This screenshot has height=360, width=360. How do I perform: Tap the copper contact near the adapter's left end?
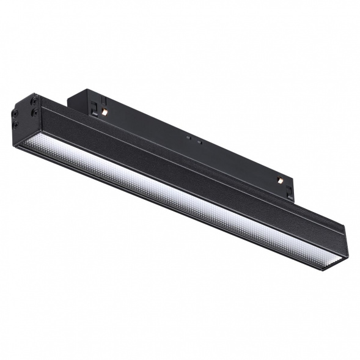105,112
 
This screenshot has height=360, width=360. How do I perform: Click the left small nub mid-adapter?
189,138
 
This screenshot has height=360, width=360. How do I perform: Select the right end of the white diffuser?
330,265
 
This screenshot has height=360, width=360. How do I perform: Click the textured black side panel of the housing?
183,177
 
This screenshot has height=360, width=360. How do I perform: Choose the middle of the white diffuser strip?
177,205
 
